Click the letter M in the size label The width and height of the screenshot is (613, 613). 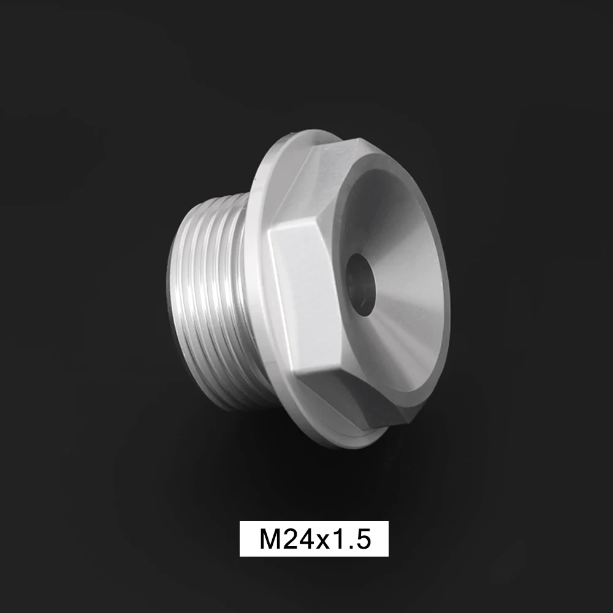[x=268, y=540]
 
